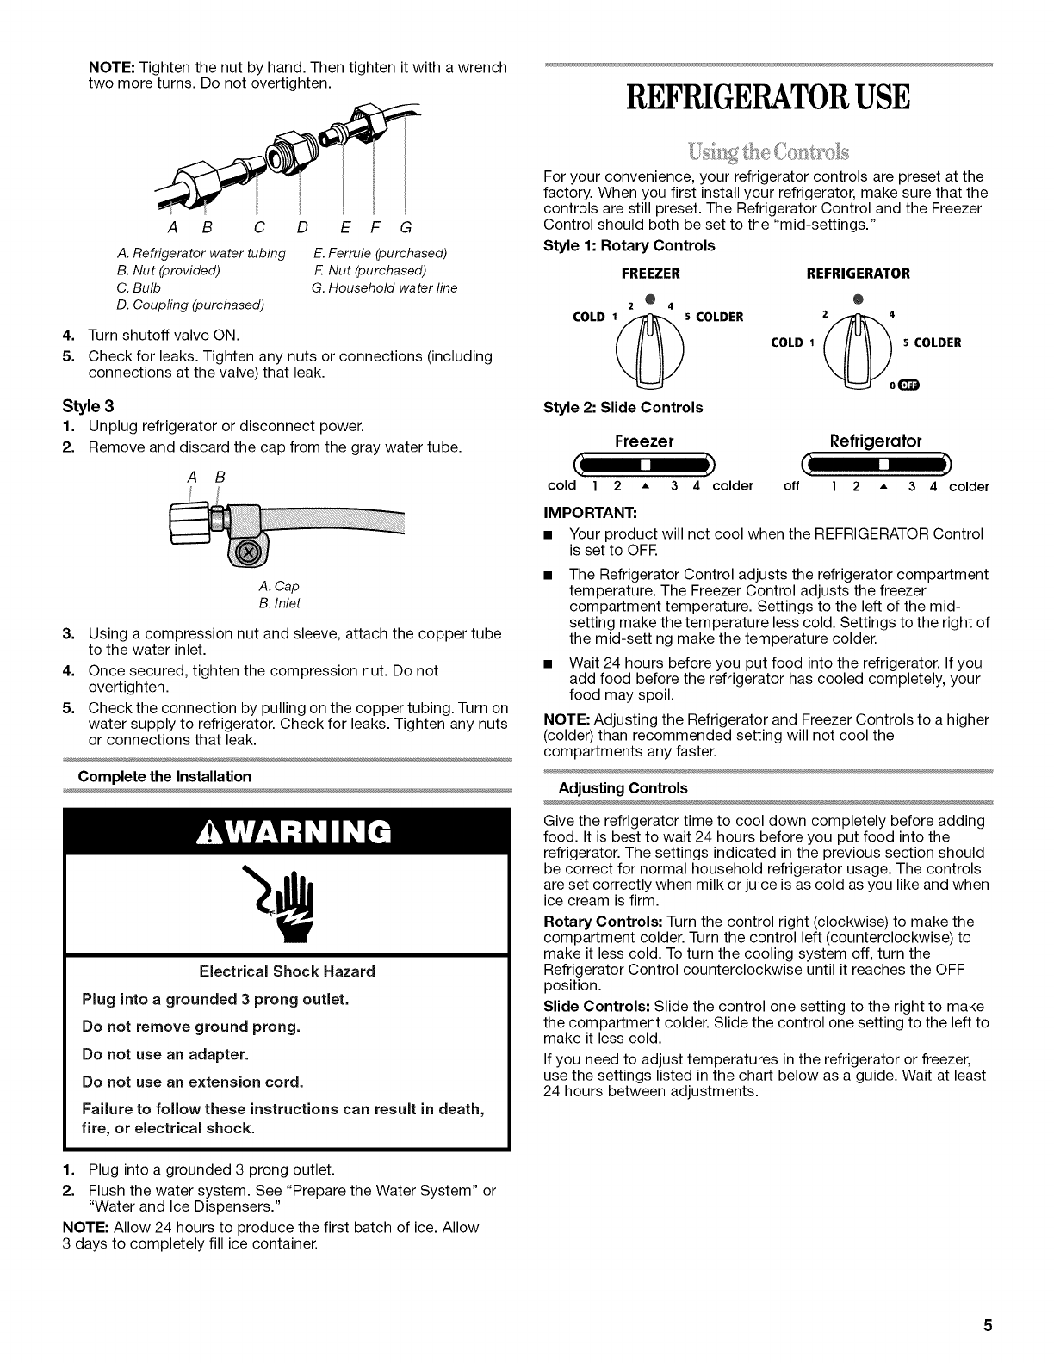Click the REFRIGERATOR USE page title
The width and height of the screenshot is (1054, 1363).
[x=767, y=97]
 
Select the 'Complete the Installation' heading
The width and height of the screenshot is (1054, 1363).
[x=165, y=776]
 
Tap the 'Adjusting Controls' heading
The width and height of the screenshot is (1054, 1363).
[x=623, y=787]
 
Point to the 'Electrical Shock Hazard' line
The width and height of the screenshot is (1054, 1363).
[x=287, y=971]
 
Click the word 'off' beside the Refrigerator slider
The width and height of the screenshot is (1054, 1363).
[x=792, y=486]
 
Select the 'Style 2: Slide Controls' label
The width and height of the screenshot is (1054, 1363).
[x=623, y=407]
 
